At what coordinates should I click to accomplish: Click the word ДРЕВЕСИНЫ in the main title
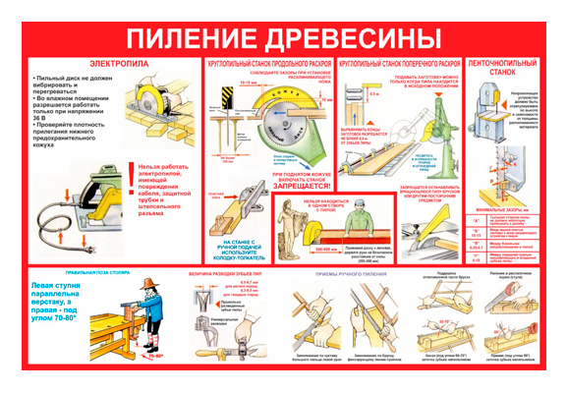357,38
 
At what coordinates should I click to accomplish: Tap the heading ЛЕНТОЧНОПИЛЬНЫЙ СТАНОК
498,66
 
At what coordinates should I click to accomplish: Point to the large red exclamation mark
132,177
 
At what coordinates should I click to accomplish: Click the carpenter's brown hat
146,286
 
